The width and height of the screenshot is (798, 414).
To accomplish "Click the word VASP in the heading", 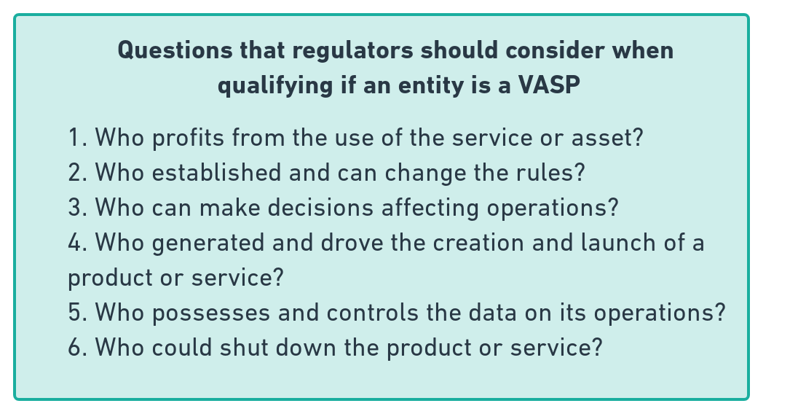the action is pyautogui.click(x=549, y=85).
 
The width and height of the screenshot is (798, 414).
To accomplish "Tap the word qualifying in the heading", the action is pyautogui.click(x=274, y=85).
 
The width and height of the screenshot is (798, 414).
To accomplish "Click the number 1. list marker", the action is pyautogui.click(x=78, y=138).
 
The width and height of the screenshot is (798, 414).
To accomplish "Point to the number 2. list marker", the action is pyautogui.click(x=78, y=173).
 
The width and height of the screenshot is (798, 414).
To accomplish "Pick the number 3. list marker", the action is pyautogui.click(x=78, y=208).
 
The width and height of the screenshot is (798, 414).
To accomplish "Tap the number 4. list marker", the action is pyautogui.click(x=78, y=243).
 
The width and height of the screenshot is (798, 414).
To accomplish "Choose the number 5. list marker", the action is pyautogui.click(x=78, y=313).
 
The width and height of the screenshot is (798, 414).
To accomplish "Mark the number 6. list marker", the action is pyautogui.click(x=78, y=348).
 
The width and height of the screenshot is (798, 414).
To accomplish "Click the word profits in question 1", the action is pyautogui.click(x=188, y=138).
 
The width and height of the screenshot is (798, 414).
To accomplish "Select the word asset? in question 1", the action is pyautogui.click(x=607, y=138).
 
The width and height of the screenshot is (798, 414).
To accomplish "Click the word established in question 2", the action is pyautogui.click(x=216, y=172).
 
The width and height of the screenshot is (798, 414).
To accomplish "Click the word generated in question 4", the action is pyautogui.click(x=208, y=243).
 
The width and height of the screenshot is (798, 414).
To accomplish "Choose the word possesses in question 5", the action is pyautogui.click(x=211, y=313).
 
